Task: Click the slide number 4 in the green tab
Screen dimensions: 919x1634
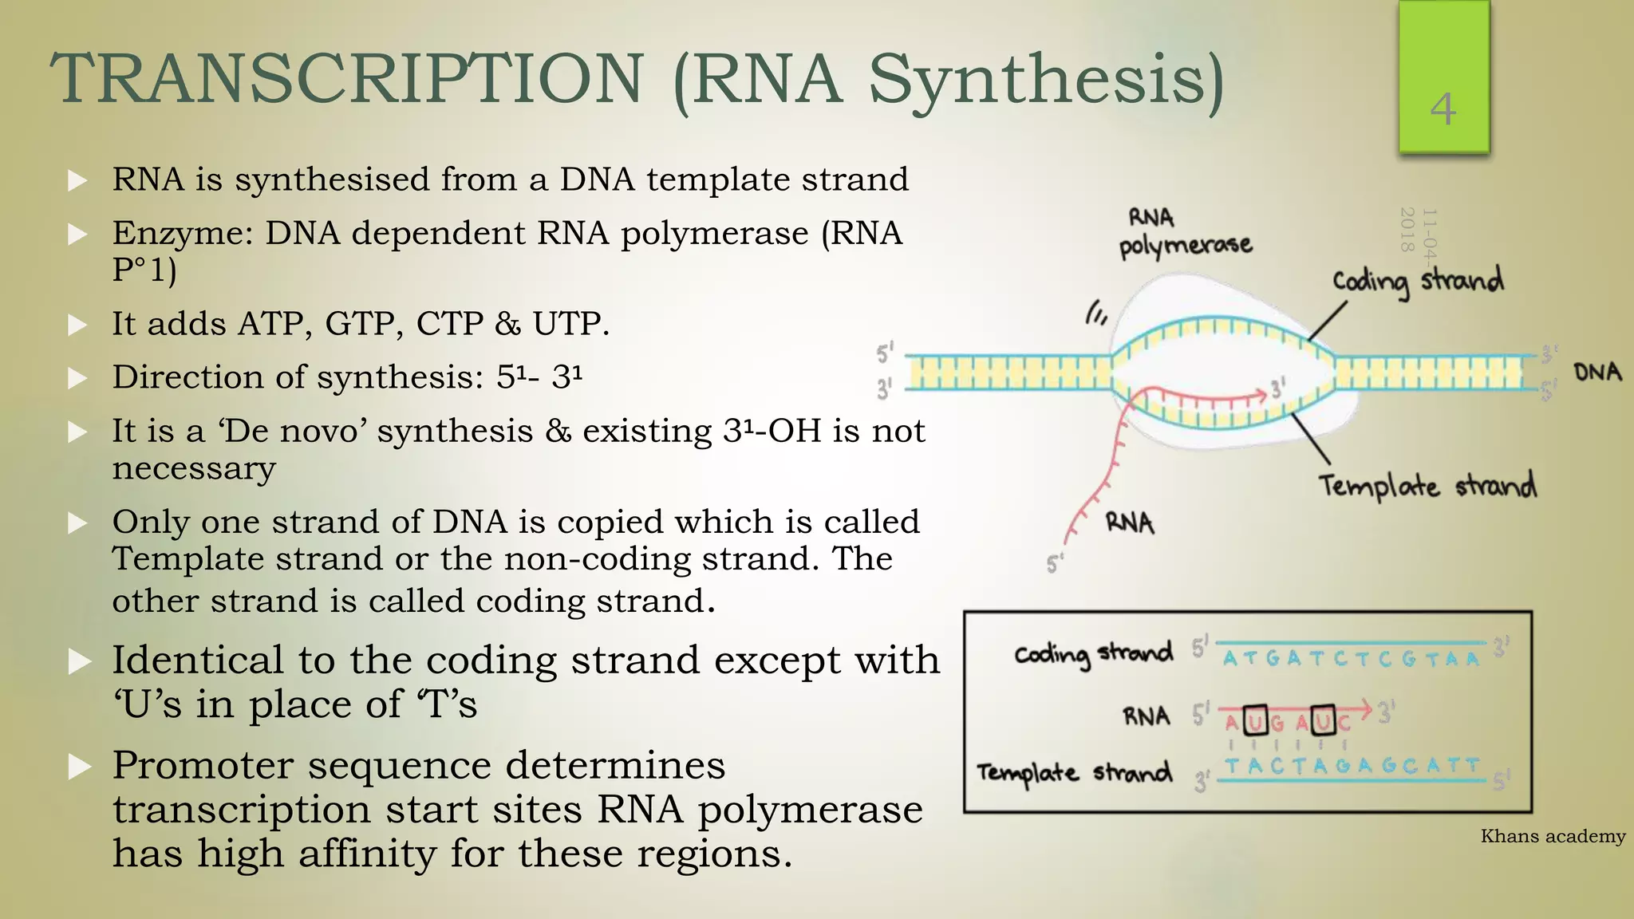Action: (x=1443, y=109)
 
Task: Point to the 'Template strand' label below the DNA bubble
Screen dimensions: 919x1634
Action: (x=1427, y=485)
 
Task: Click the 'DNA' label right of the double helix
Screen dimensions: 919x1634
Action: (x=1597, y=373)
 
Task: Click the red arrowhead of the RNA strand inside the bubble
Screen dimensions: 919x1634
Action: (x=1261, y=394)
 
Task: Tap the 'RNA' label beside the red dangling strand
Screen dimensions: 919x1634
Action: (x=1130, y=523)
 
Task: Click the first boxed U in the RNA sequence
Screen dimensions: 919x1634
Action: (x=1256, y=721)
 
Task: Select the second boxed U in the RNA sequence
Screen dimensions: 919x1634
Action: (x=1324, y=721)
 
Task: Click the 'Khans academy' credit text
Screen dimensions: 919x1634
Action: (x=1553, y=836)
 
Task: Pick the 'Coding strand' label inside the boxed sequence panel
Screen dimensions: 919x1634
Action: (x=1093, y=653)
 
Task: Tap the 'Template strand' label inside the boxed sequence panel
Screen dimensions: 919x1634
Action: (x=1074, y=772)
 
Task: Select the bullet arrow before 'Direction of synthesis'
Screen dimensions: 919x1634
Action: (x=77, y=378)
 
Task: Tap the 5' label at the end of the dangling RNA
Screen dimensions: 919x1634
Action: (x=1055, y=564)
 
